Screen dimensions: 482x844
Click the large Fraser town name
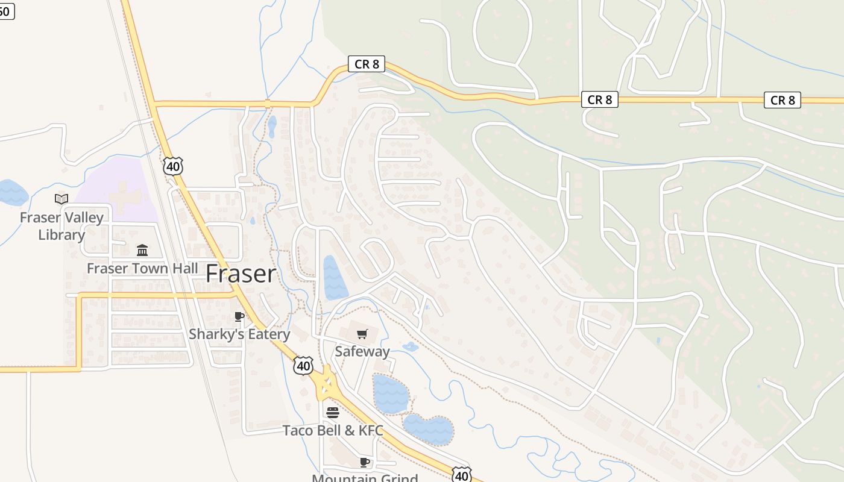241,274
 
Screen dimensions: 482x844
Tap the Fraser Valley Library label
61,226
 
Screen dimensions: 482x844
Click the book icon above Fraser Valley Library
61,199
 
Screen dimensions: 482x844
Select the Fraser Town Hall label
142,268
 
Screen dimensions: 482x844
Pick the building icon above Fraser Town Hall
142,249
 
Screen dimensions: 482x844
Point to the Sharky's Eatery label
239,334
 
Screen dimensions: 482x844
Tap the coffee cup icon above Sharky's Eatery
239,316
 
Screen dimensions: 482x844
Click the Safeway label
362,351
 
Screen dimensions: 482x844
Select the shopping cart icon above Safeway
362,334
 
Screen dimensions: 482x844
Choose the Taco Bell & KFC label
333,430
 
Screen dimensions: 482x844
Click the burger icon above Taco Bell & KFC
333,413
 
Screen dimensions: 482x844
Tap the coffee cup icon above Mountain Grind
365,462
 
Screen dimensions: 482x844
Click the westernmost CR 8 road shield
367,64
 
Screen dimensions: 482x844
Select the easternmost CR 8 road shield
783,100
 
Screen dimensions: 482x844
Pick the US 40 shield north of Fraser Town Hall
173,166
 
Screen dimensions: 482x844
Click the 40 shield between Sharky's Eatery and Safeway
304,365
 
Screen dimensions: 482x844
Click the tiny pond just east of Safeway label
410,347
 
